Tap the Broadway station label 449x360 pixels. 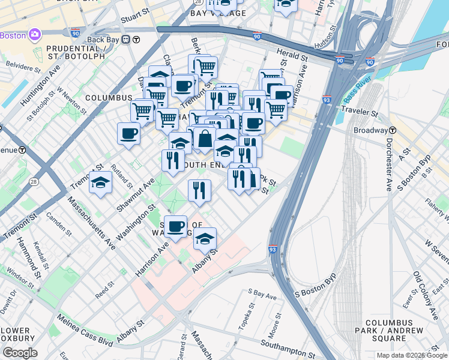click(370, 130)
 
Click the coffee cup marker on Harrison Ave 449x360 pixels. click(175, 227)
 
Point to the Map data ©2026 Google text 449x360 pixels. click(411, 355)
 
